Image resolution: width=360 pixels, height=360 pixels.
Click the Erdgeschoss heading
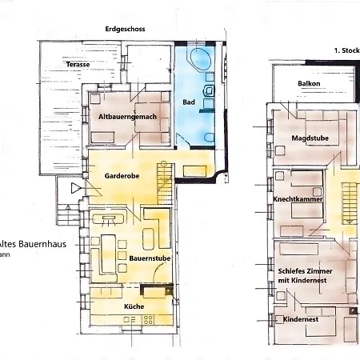[x=125, y=29]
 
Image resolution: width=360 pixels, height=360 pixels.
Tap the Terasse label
[x=78, y=64]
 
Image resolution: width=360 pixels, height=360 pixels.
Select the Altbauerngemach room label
[x=127, y=117]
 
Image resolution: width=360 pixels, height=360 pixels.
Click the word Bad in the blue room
[x=189, y=102]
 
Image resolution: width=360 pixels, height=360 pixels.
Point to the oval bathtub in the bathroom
[x=200, y=58]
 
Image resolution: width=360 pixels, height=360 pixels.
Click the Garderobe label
[x=122, y=176]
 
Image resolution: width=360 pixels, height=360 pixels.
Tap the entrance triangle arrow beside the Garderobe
[x=76, y=188]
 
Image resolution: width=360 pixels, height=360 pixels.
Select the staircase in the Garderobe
[x=165, y=183]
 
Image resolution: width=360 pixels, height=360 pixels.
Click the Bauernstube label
[x=150, y=258]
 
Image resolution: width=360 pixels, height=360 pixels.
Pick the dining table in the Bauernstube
[x=109, y=254]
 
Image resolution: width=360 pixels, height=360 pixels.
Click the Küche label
[x=134, y=306]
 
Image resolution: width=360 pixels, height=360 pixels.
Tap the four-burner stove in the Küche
[x=148, y=320]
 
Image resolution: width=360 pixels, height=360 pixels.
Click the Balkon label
[x=309, y=83]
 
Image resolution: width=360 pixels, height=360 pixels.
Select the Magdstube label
[x=310, y=138]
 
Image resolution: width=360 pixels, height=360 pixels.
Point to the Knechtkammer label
[x=298, y=199]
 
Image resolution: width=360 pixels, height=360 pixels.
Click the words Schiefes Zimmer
[x=305, y=271]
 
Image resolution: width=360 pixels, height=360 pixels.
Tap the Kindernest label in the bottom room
[x=301, y=319]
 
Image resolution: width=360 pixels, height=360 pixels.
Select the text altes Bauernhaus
[x=33, y=244]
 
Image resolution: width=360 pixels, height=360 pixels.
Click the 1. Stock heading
[x=347, y=50]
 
